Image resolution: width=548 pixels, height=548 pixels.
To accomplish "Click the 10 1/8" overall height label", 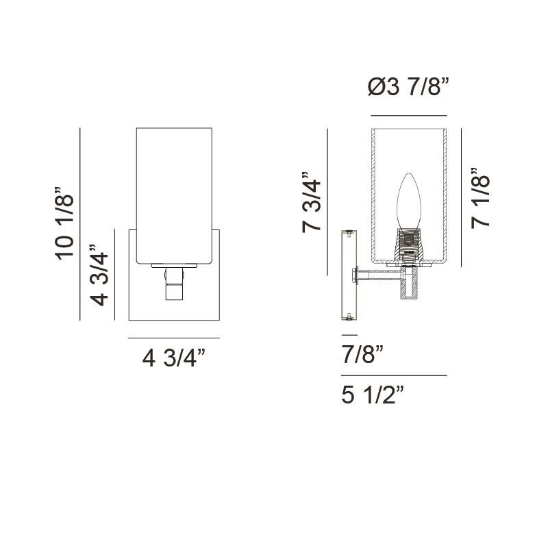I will coord(65,223).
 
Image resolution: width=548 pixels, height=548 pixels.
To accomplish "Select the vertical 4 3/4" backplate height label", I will coord(100,274).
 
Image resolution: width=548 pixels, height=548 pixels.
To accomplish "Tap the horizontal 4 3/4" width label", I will coord(174,358).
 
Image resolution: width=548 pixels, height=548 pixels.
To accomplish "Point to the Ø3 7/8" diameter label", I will coord(408,88).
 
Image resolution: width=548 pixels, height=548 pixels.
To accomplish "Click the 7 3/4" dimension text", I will coord(312,202).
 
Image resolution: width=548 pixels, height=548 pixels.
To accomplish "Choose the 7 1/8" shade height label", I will coord(482,199).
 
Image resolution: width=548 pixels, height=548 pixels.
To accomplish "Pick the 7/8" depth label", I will coord(362,356).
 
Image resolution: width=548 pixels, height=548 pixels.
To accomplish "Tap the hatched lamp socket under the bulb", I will coord(409,242).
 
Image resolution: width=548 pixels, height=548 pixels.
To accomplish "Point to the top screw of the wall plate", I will coord(349,234).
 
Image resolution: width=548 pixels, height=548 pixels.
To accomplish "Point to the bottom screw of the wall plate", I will coord(349,316).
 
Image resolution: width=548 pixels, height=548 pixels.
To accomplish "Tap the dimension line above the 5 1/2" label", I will coord(394,375).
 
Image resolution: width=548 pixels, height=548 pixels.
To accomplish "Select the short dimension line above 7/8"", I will coord(349,336).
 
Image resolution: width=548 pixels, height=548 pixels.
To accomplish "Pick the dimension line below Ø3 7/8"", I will coord(408,114).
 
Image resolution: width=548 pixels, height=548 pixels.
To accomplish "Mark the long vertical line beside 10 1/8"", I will coord(81,223).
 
